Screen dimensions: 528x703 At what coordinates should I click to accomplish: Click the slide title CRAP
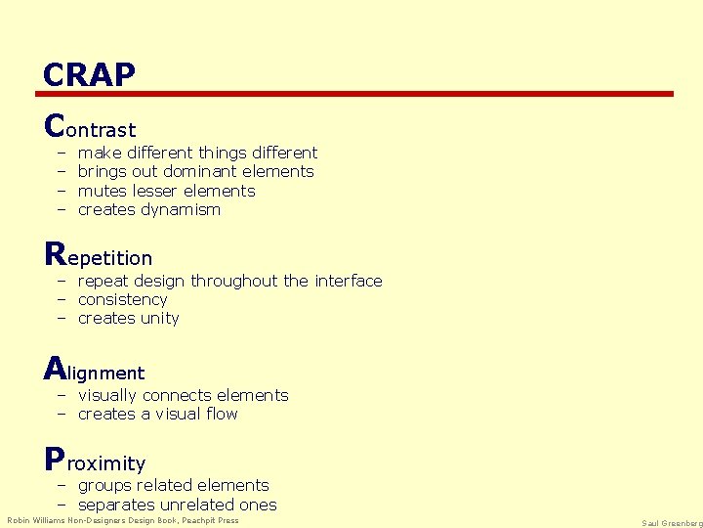tap(89, 74)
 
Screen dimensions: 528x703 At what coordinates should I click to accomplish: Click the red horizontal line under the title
tap(354, 94)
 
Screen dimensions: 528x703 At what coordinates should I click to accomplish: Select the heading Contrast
tap(90, 128)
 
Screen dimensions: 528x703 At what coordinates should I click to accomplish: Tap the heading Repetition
tap(99, 257)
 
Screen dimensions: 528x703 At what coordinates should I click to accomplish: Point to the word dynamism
tap(181, 209)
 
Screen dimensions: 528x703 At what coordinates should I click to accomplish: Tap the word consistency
tap(122, 299)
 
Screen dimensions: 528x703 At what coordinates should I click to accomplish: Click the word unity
tap(160, 318)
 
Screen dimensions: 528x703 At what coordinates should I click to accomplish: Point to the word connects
tap(177, 395)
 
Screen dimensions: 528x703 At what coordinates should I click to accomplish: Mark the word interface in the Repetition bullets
tap(349, 281)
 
